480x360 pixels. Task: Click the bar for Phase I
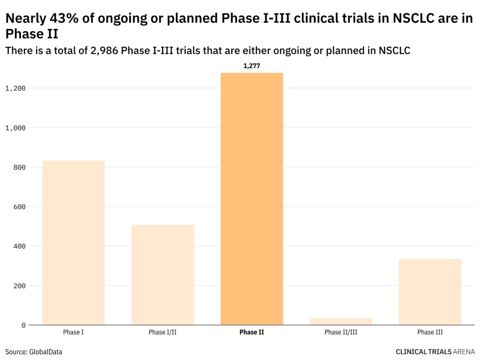73,242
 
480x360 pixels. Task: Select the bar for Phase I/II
162,275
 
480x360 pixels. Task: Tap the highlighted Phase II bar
252,199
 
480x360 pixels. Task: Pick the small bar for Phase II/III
341,321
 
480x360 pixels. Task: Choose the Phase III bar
430,292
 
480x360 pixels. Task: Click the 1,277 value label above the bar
252,66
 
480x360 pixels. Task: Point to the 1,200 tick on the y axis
15,88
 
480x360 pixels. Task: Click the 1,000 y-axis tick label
15,128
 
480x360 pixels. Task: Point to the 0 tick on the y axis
23,325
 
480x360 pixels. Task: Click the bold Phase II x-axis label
252,332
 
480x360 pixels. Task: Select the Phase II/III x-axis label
341,332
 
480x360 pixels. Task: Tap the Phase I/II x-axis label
162,332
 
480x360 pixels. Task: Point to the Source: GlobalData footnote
33,352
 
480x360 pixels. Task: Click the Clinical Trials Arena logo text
435,352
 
